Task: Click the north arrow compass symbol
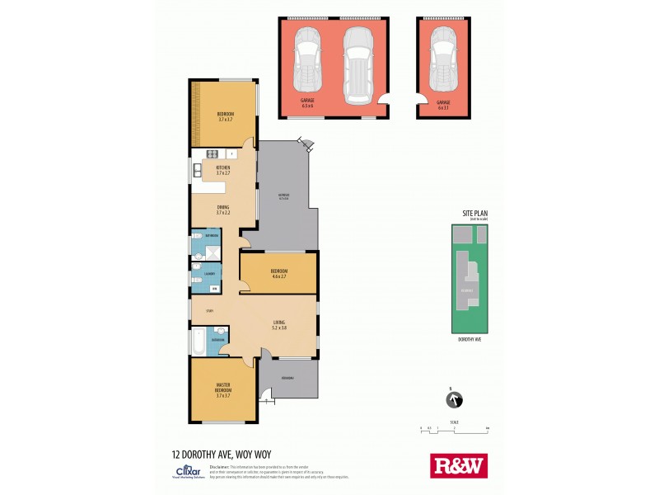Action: pos(451,401)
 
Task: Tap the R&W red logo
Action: pos(459,465)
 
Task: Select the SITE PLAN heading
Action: pos(474,214)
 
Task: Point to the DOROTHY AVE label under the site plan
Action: pos(470,339)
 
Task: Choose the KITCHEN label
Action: pos(223,170)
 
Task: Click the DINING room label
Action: pos(223,210)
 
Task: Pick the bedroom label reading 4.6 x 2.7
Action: pos(278,273)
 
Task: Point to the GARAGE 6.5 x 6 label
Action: pos(307,104)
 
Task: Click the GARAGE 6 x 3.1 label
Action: pos(443,104)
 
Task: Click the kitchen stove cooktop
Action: pos(212,153)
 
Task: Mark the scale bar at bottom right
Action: pos(453,428)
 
